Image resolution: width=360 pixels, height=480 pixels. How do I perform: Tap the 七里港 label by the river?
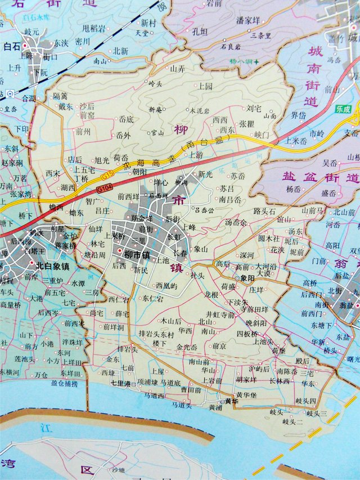pos(120,384)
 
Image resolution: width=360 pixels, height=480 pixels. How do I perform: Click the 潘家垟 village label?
pos(247,20)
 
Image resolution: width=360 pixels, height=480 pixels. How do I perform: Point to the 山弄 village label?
pos(177,69)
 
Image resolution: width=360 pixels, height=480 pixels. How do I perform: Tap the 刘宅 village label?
pos(254,107)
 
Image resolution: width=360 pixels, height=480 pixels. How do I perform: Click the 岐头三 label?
pos(316,413)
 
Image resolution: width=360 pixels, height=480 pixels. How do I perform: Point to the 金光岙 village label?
pos(187,347)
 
